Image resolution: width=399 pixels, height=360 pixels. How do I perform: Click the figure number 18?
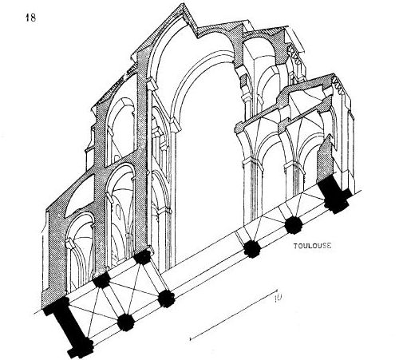pyautogui.click(x=30, y=18)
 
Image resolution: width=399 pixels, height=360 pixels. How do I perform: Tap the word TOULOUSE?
pyautogui.click(x=313, y=246)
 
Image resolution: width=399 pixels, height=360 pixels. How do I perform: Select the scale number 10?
pyautogui.click(x=278, y=299)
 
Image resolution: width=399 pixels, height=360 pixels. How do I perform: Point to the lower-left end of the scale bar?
pyautogui.click(x=191, y=339)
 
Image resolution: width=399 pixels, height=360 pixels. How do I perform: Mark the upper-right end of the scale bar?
pyautogui.click(x=277, y=290)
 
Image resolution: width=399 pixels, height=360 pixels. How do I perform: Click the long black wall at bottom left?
pyautogui.click(x=69, y=328)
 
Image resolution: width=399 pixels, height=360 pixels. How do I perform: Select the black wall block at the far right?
pyautogui.click(x=334, y=194)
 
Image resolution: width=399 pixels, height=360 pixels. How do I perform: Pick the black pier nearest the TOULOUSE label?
pyautogui.click(x=294, y=225)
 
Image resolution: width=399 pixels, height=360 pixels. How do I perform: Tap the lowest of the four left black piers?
pyautogui.click(x=126, y=322)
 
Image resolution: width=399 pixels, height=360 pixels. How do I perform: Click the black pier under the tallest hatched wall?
pyautogui.click(x=143, y=257)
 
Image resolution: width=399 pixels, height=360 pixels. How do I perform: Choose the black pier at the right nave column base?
pyautogui.click(x=252, y=249)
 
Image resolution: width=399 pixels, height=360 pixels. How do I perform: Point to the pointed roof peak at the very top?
pyautogui.click(x=184, y=5)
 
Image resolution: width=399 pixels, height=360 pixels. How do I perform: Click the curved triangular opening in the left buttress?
pyautogui.click(x=78, y=196)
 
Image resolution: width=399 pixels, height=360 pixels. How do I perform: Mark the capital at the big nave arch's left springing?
pyautogui.click(x=175, y=125)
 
